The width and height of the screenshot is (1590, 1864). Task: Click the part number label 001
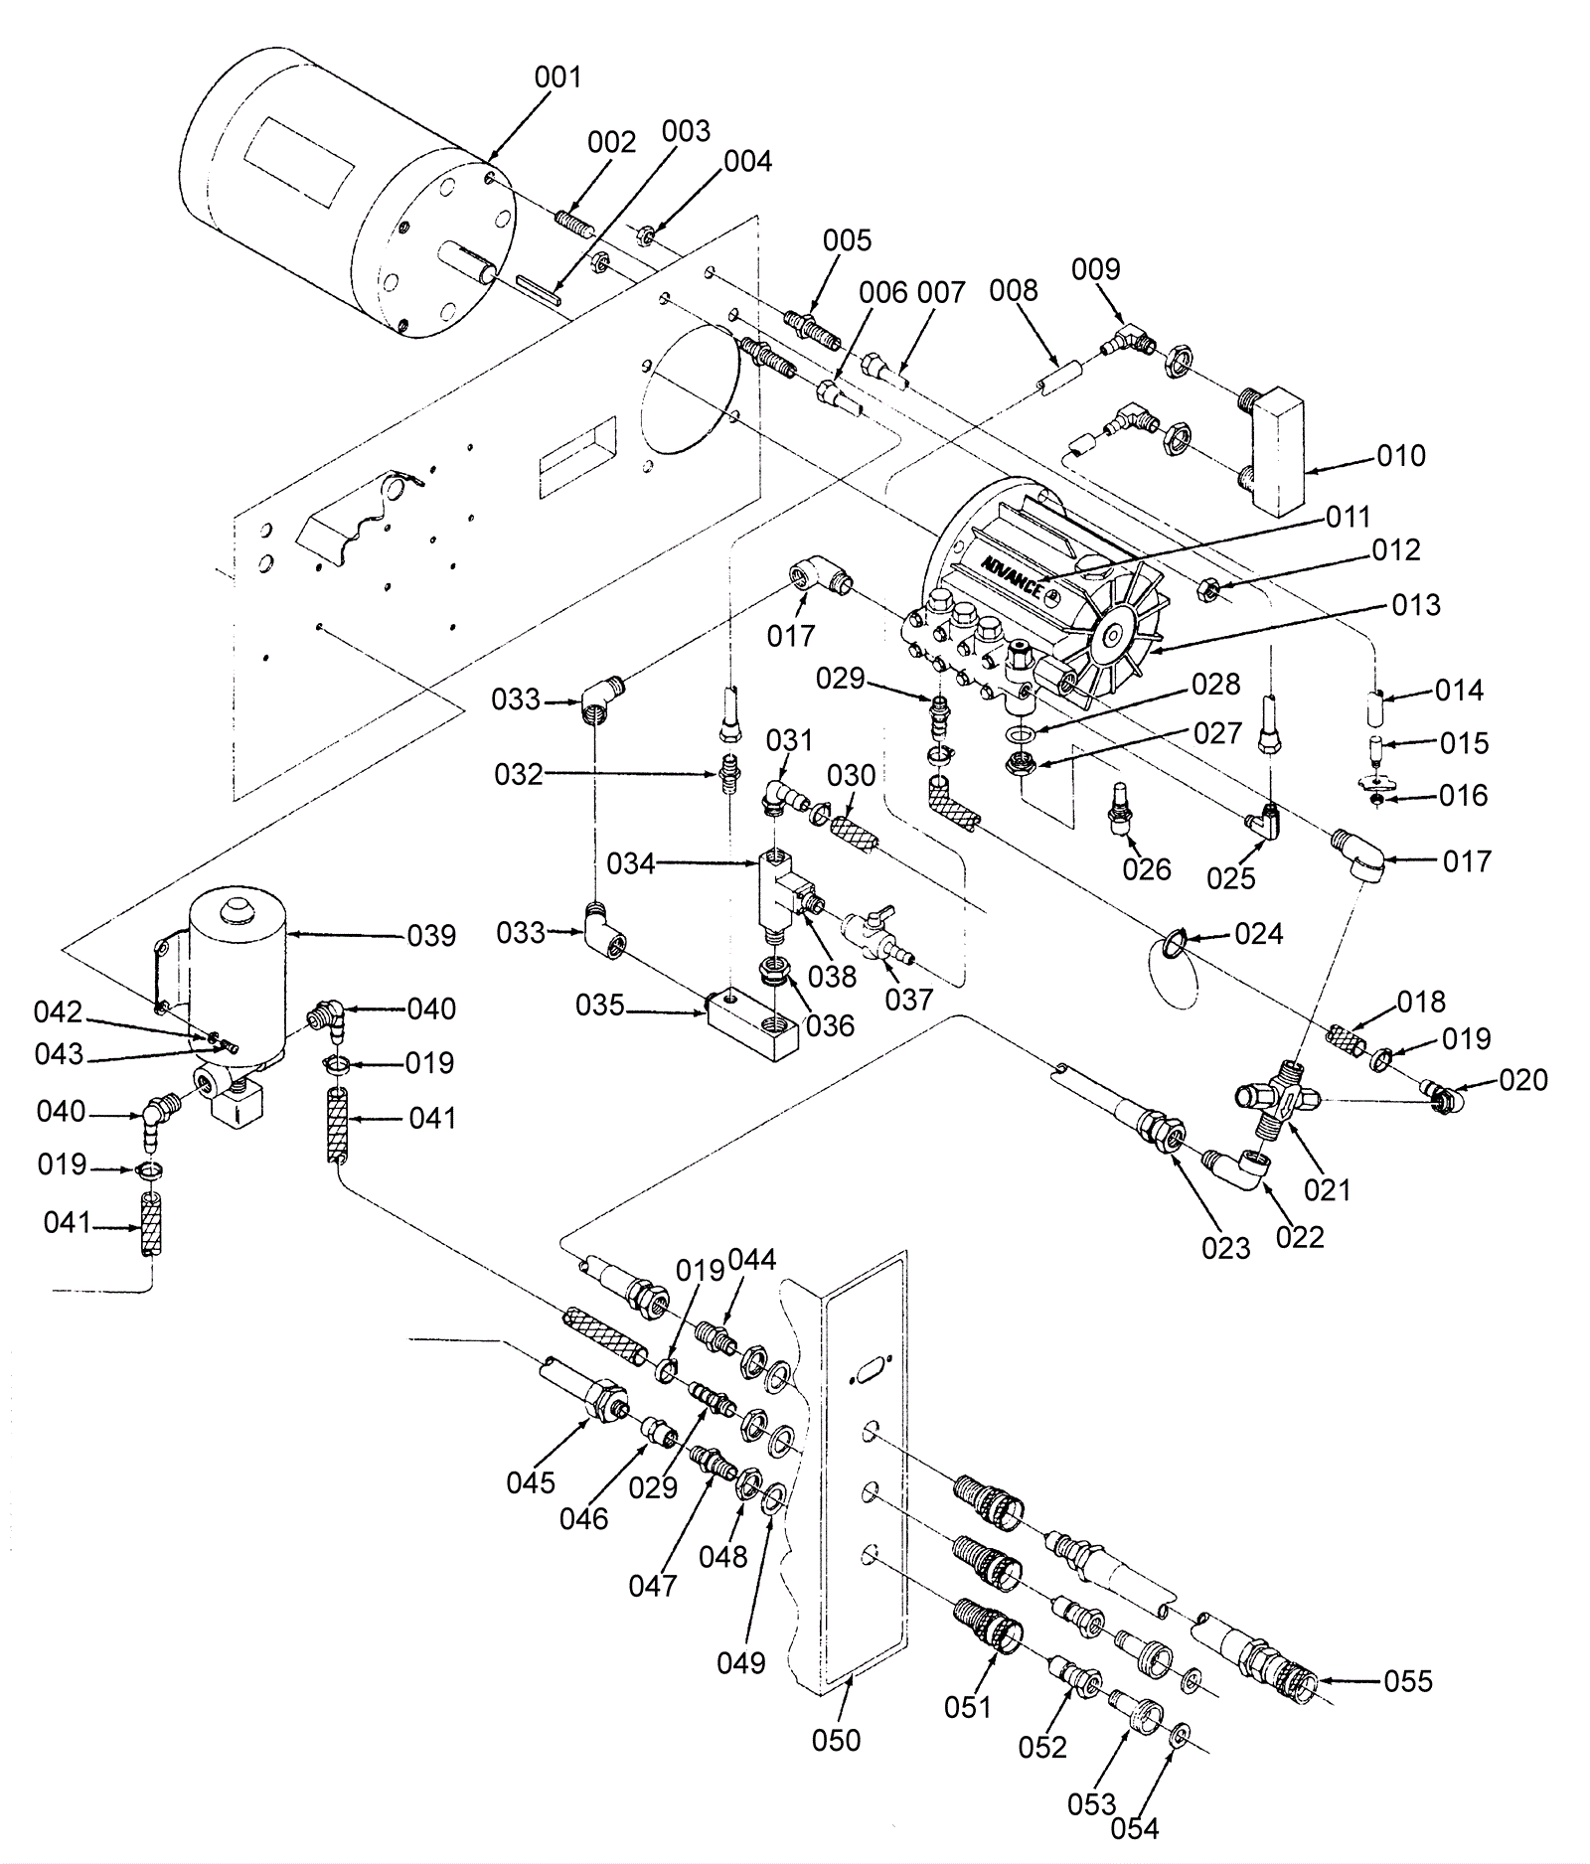(557, 77)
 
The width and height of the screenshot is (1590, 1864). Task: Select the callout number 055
(1408, 1681)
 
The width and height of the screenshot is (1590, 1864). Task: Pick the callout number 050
(836, 1740)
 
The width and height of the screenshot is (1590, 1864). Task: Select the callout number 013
(1416, 604)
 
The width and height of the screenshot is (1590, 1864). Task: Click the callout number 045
(530, 1482)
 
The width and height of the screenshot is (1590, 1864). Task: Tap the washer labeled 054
(1180, 1734)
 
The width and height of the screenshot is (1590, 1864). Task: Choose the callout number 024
(1258, 933)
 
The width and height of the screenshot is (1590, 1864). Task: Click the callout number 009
(1095, 269)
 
